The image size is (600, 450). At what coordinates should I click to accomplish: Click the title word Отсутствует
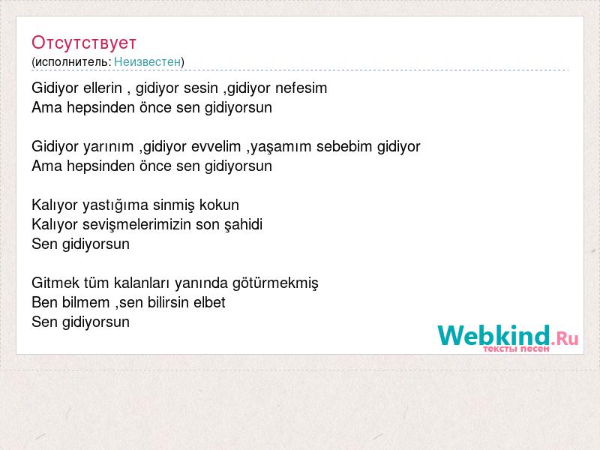tap(84, 43)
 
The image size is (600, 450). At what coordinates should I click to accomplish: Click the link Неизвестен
tap(147, 61)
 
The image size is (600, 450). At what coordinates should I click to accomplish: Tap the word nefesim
tap(301, 88)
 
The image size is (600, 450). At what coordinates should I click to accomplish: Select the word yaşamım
tap(280, 147)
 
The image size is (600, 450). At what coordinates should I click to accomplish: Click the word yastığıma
tap(115, 205)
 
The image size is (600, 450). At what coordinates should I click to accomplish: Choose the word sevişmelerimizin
tap(136, 224)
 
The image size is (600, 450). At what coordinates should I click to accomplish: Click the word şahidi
tap(244, 225)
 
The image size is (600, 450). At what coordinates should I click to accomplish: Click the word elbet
tap(209, 303)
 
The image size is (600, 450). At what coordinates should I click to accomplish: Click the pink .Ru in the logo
tap(565, 338)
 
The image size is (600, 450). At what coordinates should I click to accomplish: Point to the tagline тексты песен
tap(516, 349)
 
